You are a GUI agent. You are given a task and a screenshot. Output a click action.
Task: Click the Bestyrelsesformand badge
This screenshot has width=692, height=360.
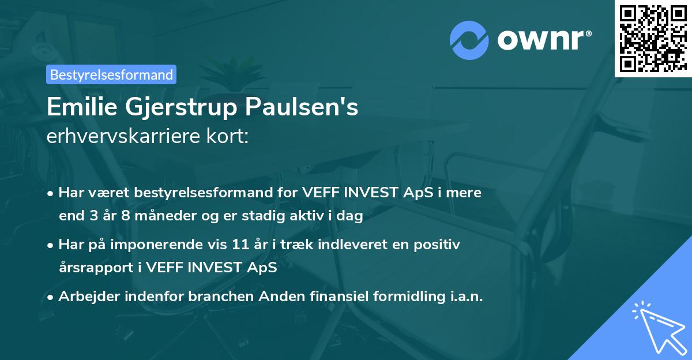[111, 74]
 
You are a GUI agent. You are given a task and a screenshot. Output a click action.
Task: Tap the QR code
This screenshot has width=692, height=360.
[652, 38]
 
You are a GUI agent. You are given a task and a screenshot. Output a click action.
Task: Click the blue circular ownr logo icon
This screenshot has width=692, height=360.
[470, 41]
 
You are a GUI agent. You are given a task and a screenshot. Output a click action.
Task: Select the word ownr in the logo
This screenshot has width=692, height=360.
[541, 40]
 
